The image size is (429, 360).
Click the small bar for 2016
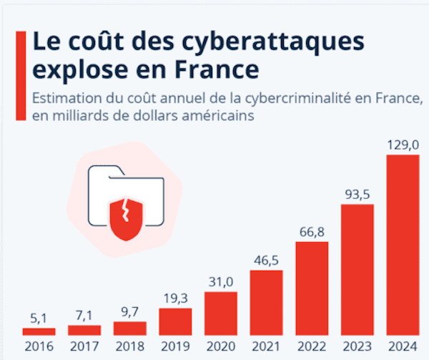39,331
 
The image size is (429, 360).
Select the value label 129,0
403,145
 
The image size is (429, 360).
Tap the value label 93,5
357,194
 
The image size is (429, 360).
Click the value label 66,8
312,231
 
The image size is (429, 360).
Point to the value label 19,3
175,298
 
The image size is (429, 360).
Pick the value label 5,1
39,317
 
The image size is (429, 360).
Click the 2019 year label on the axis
175,348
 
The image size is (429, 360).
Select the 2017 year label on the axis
84,348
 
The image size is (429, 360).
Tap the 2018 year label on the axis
129,348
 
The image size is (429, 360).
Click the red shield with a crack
126,214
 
